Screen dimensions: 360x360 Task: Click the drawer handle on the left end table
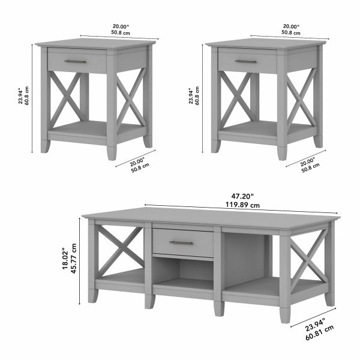tap(76, 61)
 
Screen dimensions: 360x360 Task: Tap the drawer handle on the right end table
tap(245, 61)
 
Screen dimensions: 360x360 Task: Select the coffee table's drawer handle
tap(181, 243)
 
